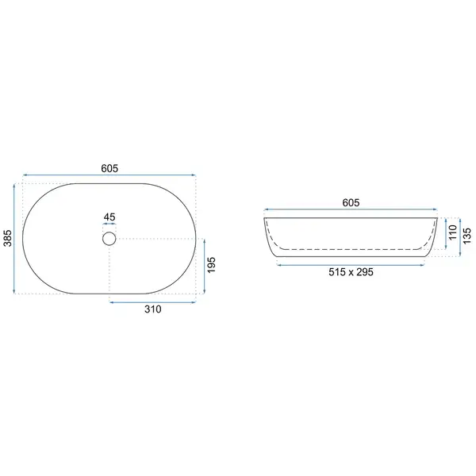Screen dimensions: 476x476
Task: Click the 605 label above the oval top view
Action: click(109, 168)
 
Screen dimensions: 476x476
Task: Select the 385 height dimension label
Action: click(8, 238)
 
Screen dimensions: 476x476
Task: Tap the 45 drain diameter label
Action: click(109, 217)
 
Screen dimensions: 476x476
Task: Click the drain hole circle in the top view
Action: click(109, 239)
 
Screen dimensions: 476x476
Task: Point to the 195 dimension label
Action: click(211, 265)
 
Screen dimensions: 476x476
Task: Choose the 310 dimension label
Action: click(152, 309)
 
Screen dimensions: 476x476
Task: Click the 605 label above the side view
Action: click(351, 202)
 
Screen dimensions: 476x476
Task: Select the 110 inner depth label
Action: click(453, 232)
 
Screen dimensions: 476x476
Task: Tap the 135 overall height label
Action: click(467, 236)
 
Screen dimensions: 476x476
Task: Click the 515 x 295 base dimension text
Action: click(351, 272)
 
